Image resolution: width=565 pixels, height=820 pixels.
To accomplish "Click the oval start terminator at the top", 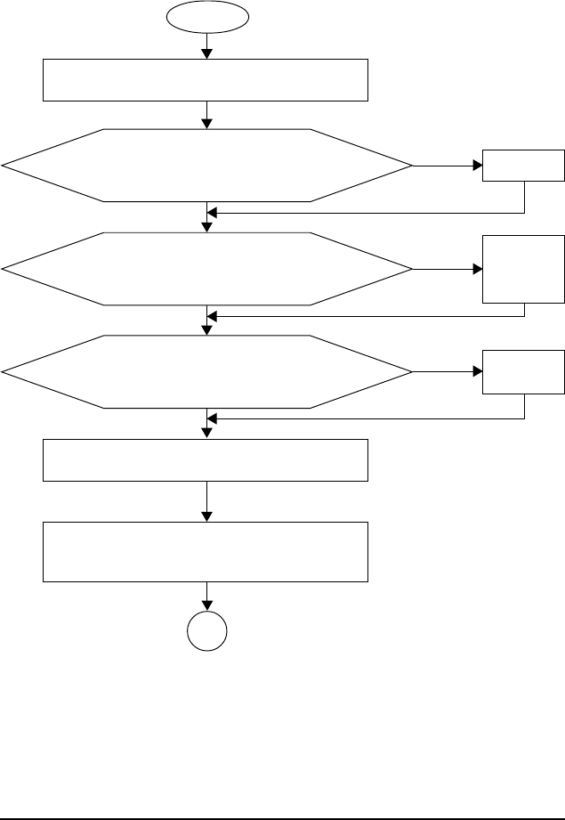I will coord(207,16).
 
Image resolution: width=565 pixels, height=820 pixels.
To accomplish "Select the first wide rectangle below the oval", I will coord(206,80).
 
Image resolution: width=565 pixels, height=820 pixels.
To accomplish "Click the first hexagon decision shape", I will coord(207,165).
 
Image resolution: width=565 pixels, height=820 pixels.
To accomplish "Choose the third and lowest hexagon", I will coord(207,371).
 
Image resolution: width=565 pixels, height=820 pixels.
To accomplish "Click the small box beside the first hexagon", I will coord(523,166).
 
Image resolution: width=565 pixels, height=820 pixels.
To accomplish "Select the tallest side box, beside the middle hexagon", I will coord(523,268).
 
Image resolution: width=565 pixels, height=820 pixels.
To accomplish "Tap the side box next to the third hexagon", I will coord(523,371).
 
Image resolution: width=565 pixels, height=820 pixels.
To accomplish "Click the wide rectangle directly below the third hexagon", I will coord(206,459).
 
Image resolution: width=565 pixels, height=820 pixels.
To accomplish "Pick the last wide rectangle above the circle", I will coord(206,553).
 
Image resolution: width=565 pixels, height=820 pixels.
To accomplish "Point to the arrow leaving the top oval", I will coord(207,45).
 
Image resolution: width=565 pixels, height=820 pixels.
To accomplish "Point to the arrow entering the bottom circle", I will coord(207,599).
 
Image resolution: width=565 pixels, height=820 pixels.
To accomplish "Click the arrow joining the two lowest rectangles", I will coord(207,502).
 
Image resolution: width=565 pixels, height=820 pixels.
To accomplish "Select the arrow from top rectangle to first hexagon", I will coord(207,115).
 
